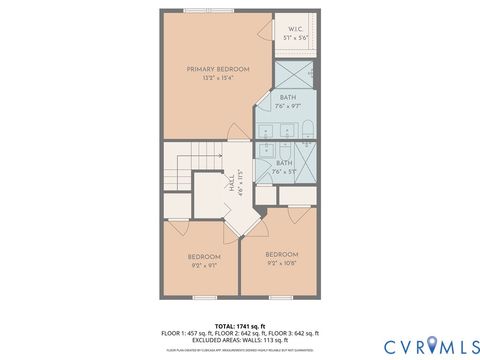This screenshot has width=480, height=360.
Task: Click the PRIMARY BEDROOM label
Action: [x=218, y=69]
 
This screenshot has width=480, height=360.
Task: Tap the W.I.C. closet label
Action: [x=295, y=29]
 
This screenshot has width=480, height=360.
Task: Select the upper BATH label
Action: [x=288, y=98]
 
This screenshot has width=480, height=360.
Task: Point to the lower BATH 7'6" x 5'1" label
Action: [x=285, y=167]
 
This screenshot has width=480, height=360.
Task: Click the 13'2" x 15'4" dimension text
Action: [x=218, y=78]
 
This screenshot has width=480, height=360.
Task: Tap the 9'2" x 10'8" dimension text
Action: [x=282, y=263]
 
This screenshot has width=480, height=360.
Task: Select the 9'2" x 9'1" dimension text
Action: [x=204, y=266]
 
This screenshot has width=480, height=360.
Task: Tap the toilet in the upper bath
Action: [x=307, y=126]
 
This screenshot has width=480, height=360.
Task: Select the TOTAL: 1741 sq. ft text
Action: [x=239, y=325]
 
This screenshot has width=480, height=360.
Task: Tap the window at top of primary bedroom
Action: [x=199, y=10]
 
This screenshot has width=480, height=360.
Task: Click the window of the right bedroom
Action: [x=281, y=298]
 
